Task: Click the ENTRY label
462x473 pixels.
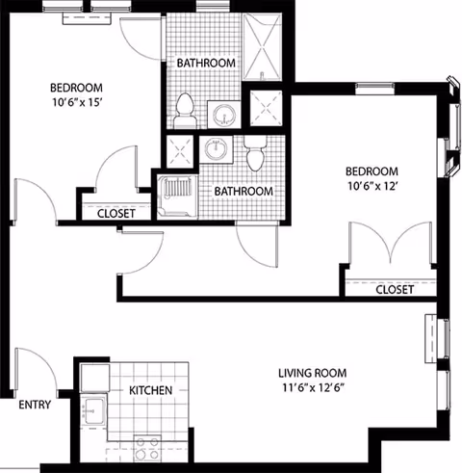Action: (x=35, y=405)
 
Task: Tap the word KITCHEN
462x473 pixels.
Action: (x=150, y=390)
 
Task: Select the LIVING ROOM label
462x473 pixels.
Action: (x=312, y=373)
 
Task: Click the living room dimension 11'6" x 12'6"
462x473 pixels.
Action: (x=313, y=388)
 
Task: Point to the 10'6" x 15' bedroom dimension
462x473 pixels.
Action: (x=77, y=102)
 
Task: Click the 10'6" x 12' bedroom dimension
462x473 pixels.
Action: (x=372, y=186)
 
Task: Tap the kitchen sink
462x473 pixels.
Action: (x=93, y=411)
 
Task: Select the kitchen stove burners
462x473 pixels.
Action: (x=147, y=448)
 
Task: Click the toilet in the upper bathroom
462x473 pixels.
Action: (x=185, y=111)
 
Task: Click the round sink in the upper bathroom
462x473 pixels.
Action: (x=223, y=115)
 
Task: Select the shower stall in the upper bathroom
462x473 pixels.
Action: (x=262, y=46)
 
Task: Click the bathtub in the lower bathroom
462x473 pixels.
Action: (x=177, y=197)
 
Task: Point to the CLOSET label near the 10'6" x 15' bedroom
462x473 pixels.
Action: (x=115, y=214)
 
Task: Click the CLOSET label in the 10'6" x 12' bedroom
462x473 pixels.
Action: (x=395, y=290)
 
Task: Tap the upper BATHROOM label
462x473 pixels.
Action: (x=206, y=63)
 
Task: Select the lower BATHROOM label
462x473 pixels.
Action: (x=244, y=192)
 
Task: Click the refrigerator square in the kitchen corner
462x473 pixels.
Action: (x=95, y=378)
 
